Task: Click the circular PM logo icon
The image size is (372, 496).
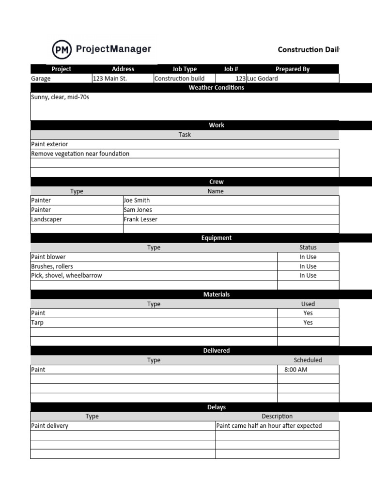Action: [62, 49]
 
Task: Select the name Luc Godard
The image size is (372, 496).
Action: [263, 78]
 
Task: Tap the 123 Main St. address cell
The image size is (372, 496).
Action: [110, 78]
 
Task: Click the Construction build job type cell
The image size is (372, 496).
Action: [179, 78]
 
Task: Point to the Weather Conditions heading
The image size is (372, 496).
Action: [216, 88]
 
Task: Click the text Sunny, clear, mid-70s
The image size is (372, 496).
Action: [60, 97]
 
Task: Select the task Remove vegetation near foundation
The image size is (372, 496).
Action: [80, 154]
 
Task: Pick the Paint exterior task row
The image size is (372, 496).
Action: [49, 144]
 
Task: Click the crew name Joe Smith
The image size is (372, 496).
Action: [137, 200]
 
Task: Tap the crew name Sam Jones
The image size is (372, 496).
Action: [138, 210]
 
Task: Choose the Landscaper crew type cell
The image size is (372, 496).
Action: [46, 219]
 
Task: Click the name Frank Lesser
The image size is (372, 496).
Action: [140, 219]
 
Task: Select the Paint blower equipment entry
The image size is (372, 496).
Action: [48, 257]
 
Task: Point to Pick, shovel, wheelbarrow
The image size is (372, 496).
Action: [66, 275]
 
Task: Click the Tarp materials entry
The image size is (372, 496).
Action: [37, 323]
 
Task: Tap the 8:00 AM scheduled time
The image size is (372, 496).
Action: [295, 370]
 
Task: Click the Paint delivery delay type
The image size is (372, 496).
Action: [49, 426]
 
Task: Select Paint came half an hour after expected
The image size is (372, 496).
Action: [269, 426]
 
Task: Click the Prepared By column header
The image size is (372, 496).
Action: [293, 69]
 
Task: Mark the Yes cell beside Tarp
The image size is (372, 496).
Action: [308, 323]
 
